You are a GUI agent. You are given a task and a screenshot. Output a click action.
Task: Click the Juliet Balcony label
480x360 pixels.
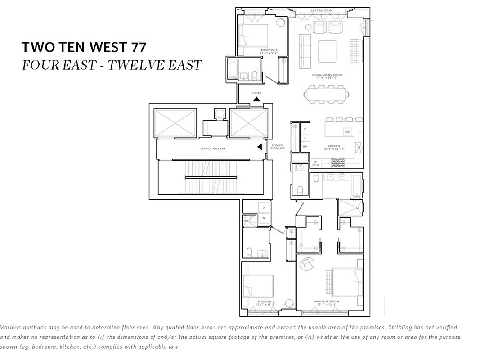point(321,11)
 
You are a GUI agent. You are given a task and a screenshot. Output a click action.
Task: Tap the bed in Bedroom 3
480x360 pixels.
point(253,35)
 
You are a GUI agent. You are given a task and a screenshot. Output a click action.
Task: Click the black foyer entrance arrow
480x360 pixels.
point(256,99)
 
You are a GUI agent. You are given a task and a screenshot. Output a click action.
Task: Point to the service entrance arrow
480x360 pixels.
point(259,147)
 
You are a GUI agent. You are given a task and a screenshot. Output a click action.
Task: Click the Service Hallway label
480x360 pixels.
point(213,148)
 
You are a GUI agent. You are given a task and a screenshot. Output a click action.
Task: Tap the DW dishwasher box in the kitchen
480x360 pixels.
point(347,132)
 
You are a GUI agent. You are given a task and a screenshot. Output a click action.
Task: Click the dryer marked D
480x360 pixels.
point(264,207)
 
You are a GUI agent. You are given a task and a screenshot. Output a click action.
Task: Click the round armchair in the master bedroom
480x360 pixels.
point(308,265)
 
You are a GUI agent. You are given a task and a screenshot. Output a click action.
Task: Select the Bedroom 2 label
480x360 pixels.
point(266,301)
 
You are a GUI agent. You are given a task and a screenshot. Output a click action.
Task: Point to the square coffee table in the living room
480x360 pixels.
point(327,51)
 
